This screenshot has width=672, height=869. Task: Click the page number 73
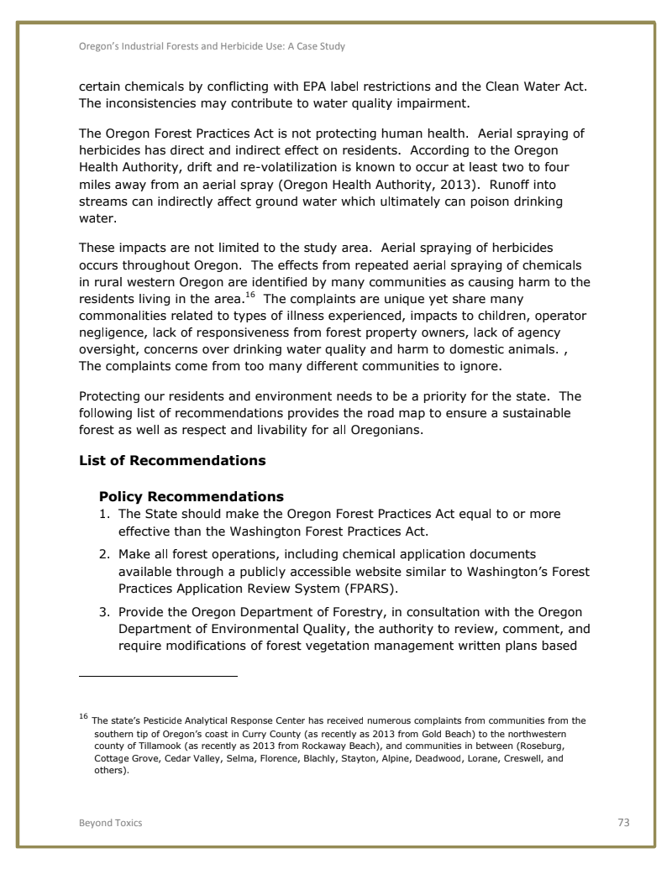point(623,823)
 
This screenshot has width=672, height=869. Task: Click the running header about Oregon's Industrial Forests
point(212,46)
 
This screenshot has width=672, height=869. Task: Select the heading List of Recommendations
point(172,461)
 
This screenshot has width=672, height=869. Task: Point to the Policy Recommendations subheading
point(192,496)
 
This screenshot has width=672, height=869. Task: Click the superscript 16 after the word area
point(249,295)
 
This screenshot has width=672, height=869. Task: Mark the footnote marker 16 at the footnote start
point(83,716)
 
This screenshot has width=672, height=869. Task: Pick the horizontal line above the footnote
point(158,675)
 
